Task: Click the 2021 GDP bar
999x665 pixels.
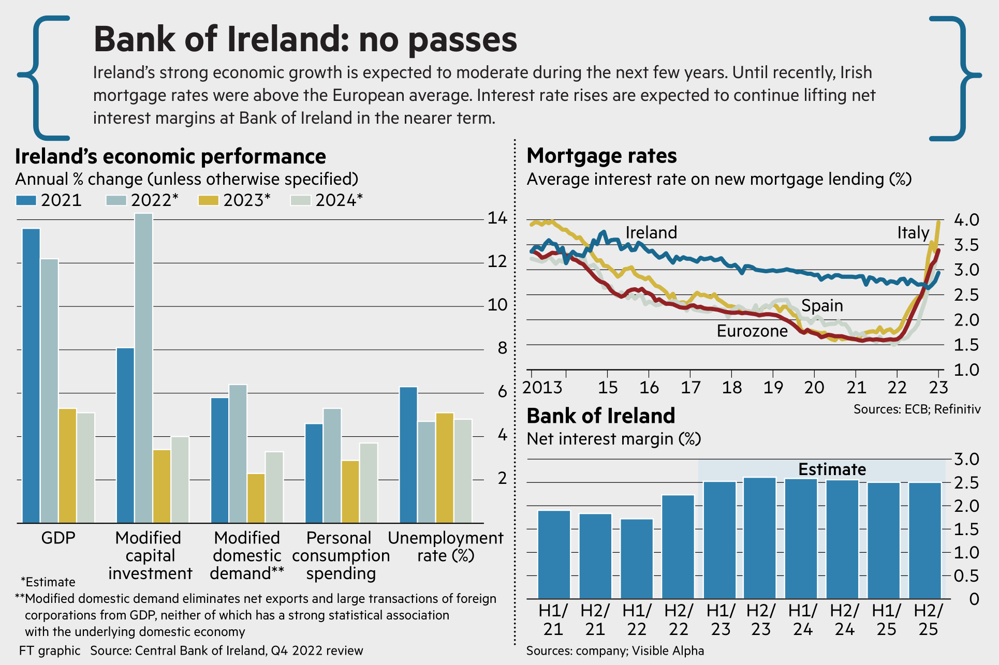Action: click(x=31, y=375)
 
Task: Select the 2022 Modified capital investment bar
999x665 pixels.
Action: click(x=144, y=367)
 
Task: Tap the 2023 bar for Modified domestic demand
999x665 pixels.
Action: click(x=256, y=498)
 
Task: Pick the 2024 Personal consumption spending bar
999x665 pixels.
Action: click(x=369, y=482)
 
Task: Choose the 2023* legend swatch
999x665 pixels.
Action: click(x=208, y=200)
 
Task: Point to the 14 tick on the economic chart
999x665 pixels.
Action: click(x=497, y=218)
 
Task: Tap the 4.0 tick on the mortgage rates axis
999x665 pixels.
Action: click(x=966, y=220)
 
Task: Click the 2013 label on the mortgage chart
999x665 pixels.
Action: click(x=542, y=387)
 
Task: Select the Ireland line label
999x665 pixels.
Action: click(x=651, y=232)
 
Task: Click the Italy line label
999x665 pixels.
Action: click(x=913, y=232)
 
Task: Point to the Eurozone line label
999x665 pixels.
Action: click(x=752, y=331)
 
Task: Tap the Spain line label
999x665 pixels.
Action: click(x=822, y=305)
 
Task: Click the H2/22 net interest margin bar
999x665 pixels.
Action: click(x=678, y=546)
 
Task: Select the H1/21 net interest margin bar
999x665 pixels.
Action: click(x=554, y=554)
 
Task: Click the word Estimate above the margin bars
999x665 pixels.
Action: click(x=832, y=469)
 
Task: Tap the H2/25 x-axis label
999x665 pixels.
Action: click(x=928, y=619)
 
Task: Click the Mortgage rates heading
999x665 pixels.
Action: click(x=601, y=156)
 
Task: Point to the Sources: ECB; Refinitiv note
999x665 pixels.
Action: click(x=917, y=409)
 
